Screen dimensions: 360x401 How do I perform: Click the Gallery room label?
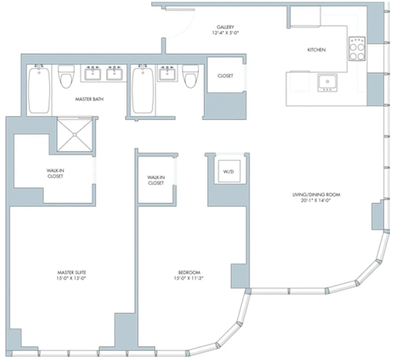[x=225, y=27]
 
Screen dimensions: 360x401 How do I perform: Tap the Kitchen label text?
[x=316, y=50]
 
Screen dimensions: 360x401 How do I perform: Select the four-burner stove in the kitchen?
[x=357, y=49]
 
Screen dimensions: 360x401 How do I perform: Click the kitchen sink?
[x=327, y=82]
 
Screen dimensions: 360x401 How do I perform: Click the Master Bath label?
[x=89, y=99]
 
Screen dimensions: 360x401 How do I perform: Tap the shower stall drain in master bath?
[x=75, y=135]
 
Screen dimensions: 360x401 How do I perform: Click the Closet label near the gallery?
[x=225, y=76]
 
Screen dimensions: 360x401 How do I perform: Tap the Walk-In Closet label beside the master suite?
[x=55, y=173]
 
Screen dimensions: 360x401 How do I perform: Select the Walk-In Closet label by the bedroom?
[x=156, y=180]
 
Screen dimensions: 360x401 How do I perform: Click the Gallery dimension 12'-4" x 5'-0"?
[x=225, y=33]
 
